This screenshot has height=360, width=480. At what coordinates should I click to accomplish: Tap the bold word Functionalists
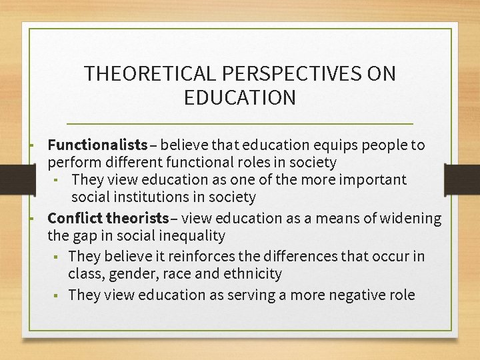pyautogui.click(x=97, y=145)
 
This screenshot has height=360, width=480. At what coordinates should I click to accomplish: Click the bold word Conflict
pyautogui.click(x=75, y=218)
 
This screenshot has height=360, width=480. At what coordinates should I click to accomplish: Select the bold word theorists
pyautogui.click(x=137, y=218)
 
